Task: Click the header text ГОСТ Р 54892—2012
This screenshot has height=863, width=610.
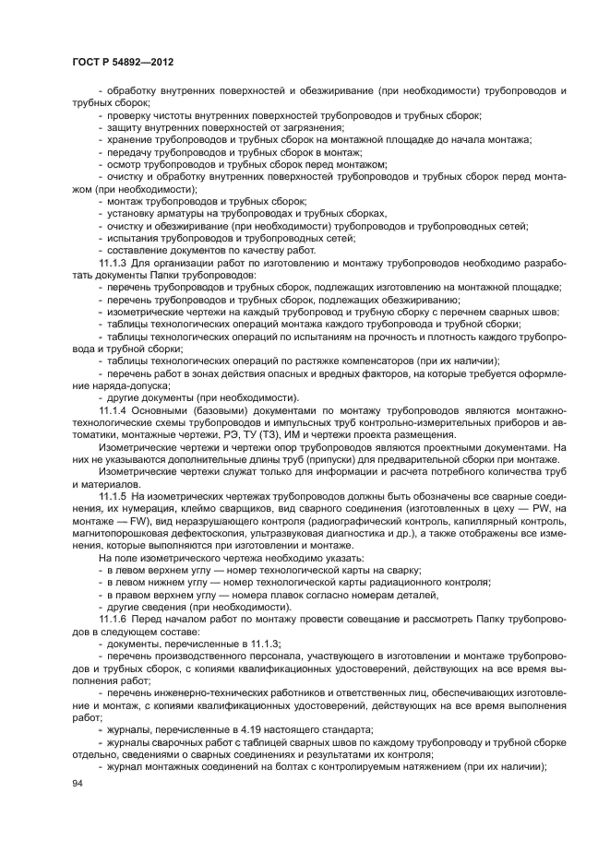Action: tap(123, 61)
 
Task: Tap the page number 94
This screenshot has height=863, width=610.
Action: tap(78, 783)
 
